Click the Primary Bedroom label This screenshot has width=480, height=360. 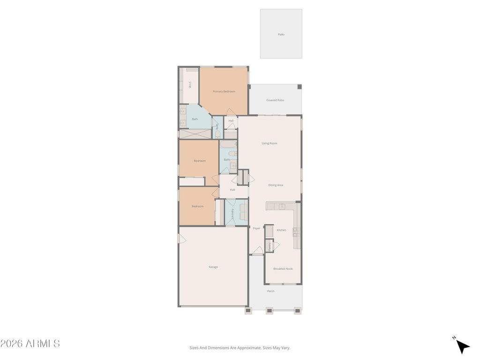tap(224, 91)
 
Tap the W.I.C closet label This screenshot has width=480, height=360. tap(190, 85)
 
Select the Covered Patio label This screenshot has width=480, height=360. tap(275, 100)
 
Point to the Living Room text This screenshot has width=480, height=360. tap(269, 143)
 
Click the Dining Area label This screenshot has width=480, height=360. tap(276, 185)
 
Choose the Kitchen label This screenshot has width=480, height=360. tap(281, 230)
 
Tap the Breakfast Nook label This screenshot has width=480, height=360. tap(283, 269)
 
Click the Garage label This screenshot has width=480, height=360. tap(213, 267)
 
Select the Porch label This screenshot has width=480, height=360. tap(271, 291)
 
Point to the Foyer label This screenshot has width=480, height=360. tap(256, 228)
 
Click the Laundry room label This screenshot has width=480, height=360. tap(233, 213)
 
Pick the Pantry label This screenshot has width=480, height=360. tap(270, 246)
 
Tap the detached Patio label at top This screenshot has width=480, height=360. tap(281, 34)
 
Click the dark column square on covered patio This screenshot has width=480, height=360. tap(300, 87)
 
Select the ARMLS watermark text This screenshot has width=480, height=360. tap(30, 344)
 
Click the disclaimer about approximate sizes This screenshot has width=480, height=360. tap(240, 348)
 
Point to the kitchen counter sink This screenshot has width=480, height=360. tap(282, 206)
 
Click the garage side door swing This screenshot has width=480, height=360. tap(182, 239)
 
